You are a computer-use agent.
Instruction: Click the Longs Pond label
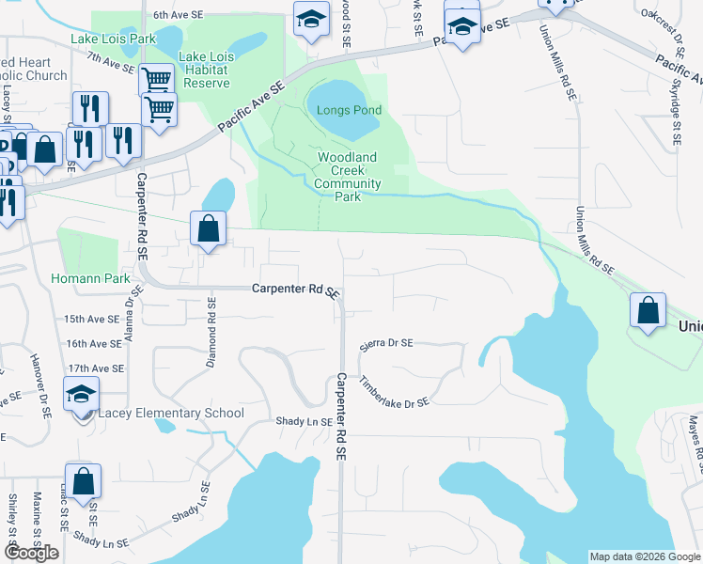[349, 110]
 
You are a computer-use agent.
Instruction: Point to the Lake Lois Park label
[113, 39]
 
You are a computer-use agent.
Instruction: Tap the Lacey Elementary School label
[170, 413]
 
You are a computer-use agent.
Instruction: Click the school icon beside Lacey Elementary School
[82, 394]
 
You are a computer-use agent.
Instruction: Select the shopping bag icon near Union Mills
[648, 311]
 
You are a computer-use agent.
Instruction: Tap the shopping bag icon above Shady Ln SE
[83, 481]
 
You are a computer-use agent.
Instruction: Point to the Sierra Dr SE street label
[386, 345]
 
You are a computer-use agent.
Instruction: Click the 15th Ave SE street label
[95, 320]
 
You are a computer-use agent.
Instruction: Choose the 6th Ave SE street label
[179, 15]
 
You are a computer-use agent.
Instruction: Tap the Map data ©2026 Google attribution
[644, 556]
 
